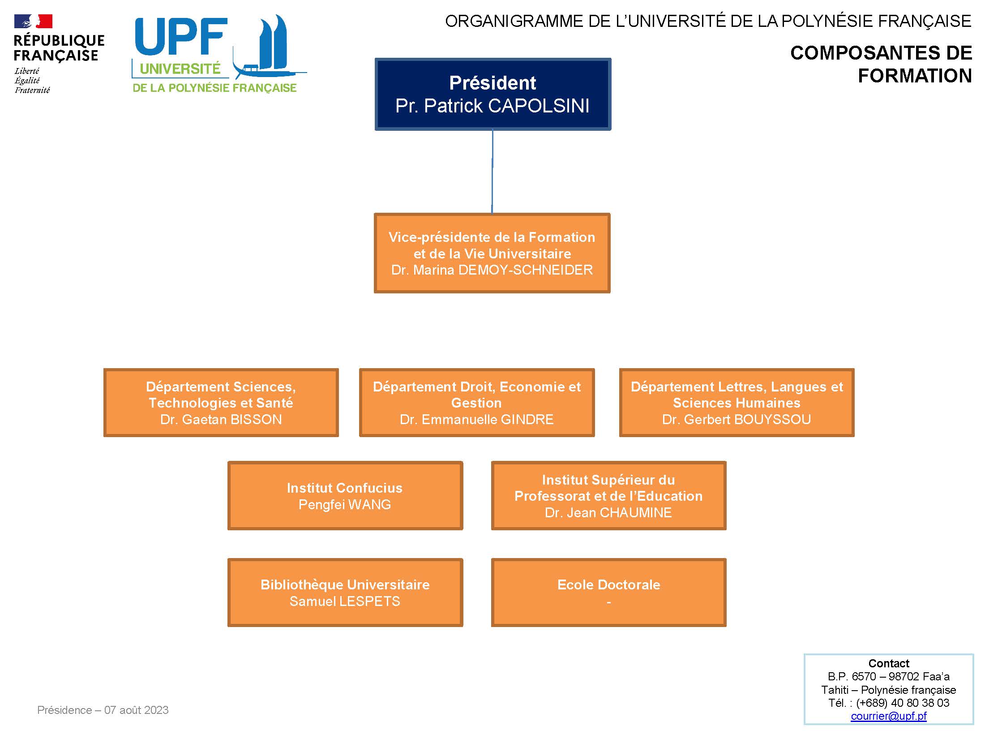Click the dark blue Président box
click(x=492, y=94)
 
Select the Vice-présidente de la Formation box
click(x=492, y=253)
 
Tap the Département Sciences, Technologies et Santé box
click(x=221, y=403)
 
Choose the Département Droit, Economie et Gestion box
click(x=476, y=403)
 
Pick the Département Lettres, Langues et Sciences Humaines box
click(x=737, y=403)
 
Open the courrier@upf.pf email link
click(x=888, y=716)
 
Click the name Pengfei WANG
click(x=345, y=505)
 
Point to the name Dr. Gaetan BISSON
click(x=221, y=420)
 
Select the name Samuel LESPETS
click(x=345, y=602)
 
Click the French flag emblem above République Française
click(x=33, y=21)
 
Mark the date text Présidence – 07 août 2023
click(x=103, y=710)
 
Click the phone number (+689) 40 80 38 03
click(x=903, y=703)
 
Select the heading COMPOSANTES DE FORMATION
click(x=881, y=64)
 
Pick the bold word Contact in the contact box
click(x=888, y=663)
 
